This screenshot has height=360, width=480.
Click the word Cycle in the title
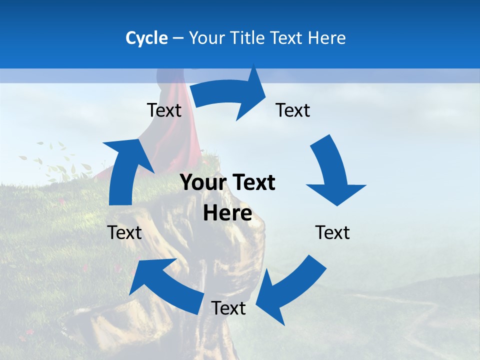[x=146, y=38]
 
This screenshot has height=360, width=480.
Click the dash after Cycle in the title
[x=178, y=38]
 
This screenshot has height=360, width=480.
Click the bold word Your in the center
[x=203, y=183]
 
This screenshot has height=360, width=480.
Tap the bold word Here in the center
[x=227, y=213]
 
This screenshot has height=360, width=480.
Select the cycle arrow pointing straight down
[x=332, y=172]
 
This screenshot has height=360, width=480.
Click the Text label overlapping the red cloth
[x=164, y=110]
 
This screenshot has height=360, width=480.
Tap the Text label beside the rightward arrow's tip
[x=293, y=110]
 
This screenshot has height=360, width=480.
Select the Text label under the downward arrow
[x=332, y=232]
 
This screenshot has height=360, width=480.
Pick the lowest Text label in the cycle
[x=228, y=308]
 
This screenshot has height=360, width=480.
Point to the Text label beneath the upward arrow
[x=124, y=232]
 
